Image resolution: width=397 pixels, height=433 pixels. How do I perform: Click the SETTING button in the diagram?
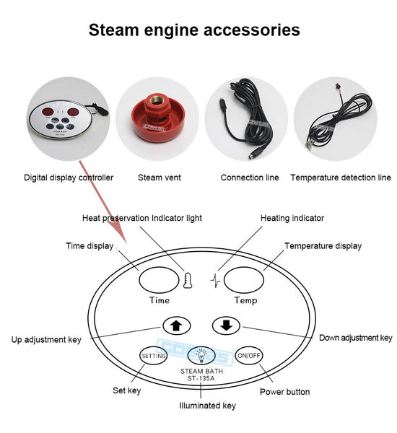click(153, 356)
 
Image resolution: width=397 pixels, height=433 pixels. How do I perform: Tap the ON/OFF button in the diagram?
click(249, 356)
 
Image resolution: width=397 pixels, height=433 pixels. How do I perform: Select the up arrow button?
click(177, 326)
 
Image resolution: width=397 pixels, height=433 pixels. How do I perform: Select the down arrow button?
click(226, 325)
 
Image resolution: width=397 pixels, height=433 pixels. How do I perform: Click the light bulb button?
click(201, 356)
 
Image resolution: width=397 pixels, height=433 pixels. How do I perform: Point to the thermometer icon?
click(188, 281)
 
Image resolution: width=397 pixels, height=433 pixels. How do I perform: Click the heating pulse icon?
click(216, 281)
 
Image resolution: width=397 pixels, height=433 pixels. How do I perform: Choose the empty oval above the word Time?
click(159, 280)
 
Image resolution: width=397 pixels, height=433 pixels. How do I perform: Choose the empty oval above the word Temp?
click(244, 280)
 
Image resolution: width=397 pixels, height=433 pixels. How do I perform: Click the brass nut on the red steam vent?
click(157, 102)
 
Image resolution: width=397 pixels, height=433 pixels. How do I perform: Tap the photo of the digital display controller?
click(69, 119)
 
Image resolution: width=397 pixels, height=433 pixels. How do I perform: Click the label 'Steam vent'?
click(160, 178)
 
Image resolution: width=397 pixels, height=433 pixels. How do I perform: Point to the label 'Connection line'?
click(250, 178)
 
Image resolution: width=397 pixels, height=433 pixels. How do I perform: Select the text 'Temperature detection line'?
click(341, 178)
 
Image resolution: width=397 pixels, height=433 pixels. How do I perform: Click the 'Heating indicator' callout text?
click(292, 218)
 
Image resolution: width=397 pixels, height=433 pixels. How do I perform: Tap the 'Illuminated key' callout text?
click(207, 406)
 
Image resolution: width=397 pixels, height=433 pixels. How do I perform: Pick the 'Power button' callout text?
click(285, 392)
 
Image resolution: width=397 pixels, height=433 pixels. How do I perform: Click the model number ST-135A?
click(201, 379)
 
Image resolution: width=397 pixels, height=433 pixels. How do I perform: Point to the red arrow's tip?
click(126, 243)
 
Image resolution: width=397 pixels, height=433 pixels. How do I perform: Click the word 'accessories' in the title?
click(252, 30)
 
